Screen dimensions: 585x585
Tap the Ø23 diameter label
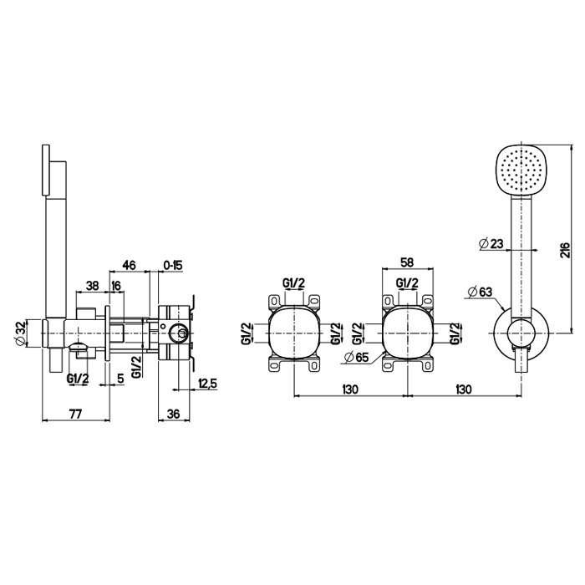point(491,244)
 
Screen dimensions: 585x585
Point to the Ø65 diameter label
point(357,357)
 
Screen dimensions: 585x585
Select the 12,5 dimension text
point(208,384)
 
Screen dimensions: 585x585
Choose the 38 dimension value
point(92,285)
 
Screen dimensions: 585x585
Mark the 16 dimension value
point(116,285)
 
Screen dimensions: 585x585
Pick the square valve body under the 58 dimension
point(407,333)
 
